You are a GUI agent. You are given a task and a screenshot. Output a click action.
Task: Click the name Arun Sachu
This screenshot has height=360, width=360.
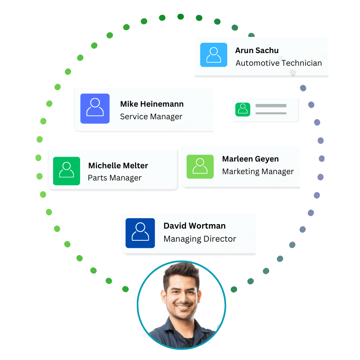click(x=256, y=50)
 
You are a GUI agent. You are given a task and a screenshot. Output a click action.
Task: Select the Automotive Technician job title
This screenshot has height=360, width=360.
click(x=279, y=63)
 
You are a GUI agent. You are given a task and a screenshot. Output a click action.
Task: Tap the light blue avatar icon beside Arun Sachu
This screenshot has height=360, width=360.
click(x=213, y=55)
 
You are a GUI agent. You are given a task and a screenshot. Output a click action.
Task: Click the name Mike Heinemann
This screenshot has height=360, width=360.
click(x=152, y=104)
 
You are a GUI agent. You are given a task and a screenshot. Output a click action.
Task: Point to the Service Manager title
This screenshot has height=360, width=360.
click(x=151, y=117)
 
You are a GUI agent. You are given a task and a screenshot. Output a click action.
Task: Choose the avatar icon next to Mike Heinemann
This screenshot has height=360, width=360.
click(x=95, y=108)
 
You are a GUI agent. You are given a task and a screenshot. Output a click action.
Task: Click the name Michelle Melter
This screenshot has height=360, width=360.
click(x=118, y=166)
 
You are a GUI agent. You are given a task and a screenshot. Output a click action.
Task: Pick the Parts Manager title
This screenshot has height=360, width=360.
click(x=115, y=178)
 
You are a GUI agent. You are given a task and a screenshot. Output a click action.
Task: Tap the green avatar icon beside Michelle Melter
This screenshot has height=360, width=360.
click(x=67, y=171)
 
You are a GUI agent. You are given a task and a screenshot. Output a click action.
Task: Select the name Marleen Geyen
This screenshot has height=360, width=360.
click(x=251, y=159)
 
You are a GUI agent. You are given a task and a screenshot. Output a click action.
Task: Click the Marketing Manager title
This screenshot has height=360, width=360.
click(x=258, y=171)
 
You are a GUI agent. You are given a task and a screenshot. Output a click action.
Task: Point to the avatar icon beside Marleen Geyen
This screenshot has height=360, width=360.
click(x=200, y=166)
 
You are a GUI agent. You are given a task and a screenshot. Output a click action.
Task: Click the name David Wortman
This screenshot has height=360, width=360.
click(x=194, y=226)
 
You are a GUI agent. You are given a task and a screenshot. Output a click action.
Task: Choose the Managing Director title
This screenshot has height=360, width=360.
click(x=200, y=239)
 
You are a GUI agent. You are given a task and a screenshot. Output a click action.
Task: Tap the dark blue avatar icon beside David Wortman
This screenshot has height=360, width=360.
click(x=140, y=233)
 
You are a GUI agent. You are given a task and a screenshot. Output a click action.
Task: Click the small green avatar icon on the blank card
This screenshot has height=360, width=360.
click(x=243, y=109)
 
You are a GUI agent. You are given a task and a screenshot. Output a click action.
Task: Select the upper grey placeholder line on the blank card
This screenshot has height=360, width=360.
click(x=271, y=106)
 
